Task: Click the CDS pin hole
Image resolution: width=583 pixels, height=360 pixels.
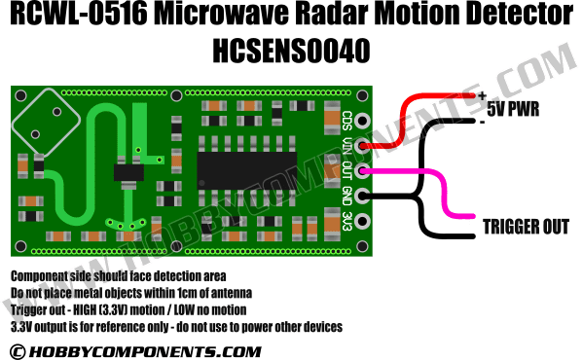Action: pyautogui.click(x=362, y=123)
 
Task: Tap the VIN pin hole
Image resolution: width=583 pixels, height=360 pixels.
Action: pyautogui.click(x=362, y=147)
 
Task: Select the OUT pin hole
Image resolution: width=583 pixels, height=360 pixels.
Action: pyautogui.click(x=362, y=172)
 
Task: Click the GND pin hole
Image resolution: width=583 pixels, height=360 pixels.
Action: pyautogui.click(x=362, y=197)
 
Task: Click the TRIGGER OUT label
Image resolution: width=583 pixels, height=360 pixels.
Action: pyautogui.click(x=526, y=227)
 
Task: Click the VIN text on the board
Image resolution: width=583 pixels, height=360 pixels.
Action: pyautogui.click(x=346, y=147)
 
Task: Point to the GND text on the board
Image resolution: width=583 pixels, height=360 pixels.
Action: pyautogui.click(x=346, y=197)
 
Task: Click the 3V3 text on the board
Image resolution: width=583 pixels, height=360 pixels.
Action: pyautogui.click(x=346, y=222)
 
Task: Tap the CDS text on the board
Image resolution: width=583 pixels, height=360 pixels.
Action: pyautogui.click(x=346, y=123)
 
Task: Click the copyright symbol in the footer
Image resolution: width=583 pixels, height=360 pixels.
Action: pyautogui.click(x=17, y=350)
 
